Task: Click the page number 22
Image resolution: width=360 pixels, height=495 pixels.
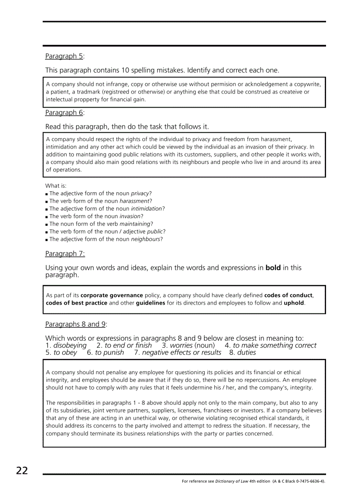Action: pyautogui.click(x=22, y=471)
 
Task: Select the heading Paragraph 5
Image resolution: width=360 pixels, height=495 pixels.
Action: pyautogui.click(x=64, y=56)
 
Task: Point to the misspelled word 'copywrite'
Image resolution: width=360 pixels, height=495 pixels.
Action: pyautogui.click(x=308, y=84)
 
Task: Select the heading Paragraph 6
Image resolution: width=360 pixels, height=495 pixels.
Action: pyautogui.click(x=64, y=112)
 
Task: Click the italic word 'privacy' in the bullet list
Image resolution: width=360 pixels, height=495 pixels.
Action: pyautogui.click(x=140, y=194)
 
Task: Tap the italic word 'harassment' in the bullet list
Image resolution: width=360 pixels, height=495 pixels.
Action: pyautogui.click(x=134, y=201)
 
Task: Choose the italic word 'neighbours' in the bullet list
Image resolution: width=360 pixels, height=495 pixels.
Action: pyautogui.click(x=145, y=239)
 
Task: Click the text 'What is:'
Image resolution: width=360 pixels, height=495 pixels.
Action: pyautogui.click(x=56, y=186)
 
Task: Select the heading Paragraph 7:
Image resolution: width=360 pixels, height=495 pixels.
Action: pyautogui.click(x=65, y=253)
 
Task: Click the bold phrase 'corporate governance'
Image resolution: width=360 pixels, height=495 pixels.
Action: pyautogui.click(x=112, y=295)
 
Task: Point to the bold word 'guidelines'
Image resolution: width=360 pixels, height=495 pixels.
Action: pyautogui.click(x=150, y=303)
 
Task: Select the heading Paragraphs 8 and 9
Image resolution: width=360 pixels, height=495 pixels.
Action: pyautogui.click(x=75, y=324)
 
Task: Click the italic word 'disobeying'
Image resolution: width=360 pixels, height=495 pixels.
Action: pyautogui.click(x=70, y=346)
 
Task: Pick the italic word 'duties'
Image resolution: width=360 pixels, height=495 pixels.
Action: pyautogui.click(x=247, y=353)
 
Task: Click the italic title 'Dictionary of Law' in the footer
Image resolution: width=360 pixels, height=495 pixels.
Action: pyautogui.click(x=232, y=481)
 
